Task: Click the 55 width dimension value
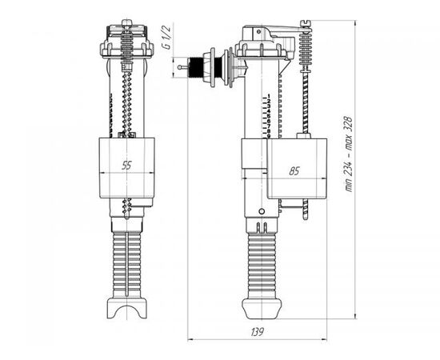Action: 126,166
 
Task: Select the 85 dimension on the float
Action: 294,171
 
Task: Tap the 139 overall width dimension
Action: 258,332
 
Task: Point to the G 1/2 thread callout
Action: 166,37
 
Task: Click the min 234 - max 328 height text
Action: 349,154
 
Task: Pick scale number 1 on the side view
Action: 269,96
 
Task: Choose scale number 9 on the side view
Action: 269,136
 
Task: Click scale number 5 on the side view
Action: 269,116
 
